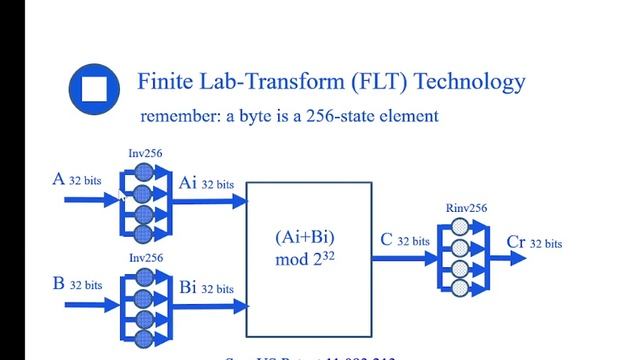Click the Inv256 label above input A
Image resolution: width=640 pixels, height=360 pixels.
[x=145, y=153]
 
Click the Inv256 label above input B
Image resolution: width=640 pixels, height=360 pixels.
[x=145, y=257]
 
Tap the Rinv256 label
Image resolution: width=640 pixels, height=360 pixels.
[x=467, y=209]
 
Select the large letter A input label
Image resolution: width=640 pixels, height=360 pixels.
[x=59, y=180]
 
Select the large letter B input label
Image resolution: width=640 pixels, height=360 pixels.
[x=59, y=283]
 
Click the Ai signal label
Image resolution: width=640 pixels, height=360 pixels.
[x=189, y=182]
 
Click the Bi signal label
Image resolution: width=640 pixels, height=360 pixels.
[x=188, y=286]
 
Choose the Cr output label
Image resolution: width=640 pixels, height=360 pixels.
[x=516, y=242]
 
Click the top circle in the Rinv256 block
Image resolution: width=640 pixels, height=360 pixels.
[x=459, y=227]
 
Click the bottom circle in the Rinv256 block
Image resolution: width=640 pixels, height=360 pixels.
[x=459, y=288]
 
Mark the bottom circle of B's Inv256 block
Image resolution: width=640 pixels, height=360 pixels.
[x=143, y=337]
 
